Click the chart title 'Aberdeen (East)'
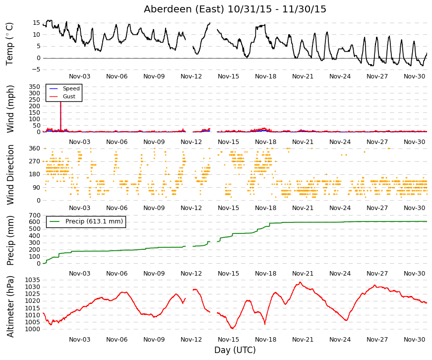click(x=184, y=9)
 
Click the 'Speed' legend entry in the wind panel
click(x=71, y=88)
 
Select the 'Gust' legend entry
click(x=69, y=96)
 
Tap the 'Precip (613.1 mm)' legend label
click(x=94, y=221)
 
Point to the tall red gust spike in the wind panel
click(x=61, y=116)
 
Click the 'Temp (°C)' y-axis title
click(x=9, y=44)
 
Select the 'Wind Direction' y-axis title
click(x=10, y=175)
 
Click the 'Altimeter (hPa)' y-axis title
click(x=10, y=306)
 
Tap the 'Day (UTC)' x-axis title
click(x=235, y=350)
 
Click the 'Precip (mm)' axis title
click(x=10, y=240)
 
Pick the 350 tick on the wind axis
click(x=35, y=86)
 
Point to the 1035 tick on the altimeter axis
click(x=33, y=280)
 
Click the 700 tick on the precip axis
click(x=35, y=215)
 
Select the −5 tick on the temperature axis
click(x=36, y=70)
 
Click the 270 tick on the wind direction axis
click(x=35, y=161)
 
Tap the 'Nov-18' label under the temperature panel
click(x=265, y=76)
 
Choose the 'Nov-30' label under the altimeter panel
click(x=414, y=340)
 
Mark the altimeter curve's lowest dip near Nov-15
click(x=232, y=328)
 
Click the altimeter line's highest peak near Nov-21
click(x=300, y=282)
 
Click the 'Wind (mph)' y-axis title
click(x=10, y=109)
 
